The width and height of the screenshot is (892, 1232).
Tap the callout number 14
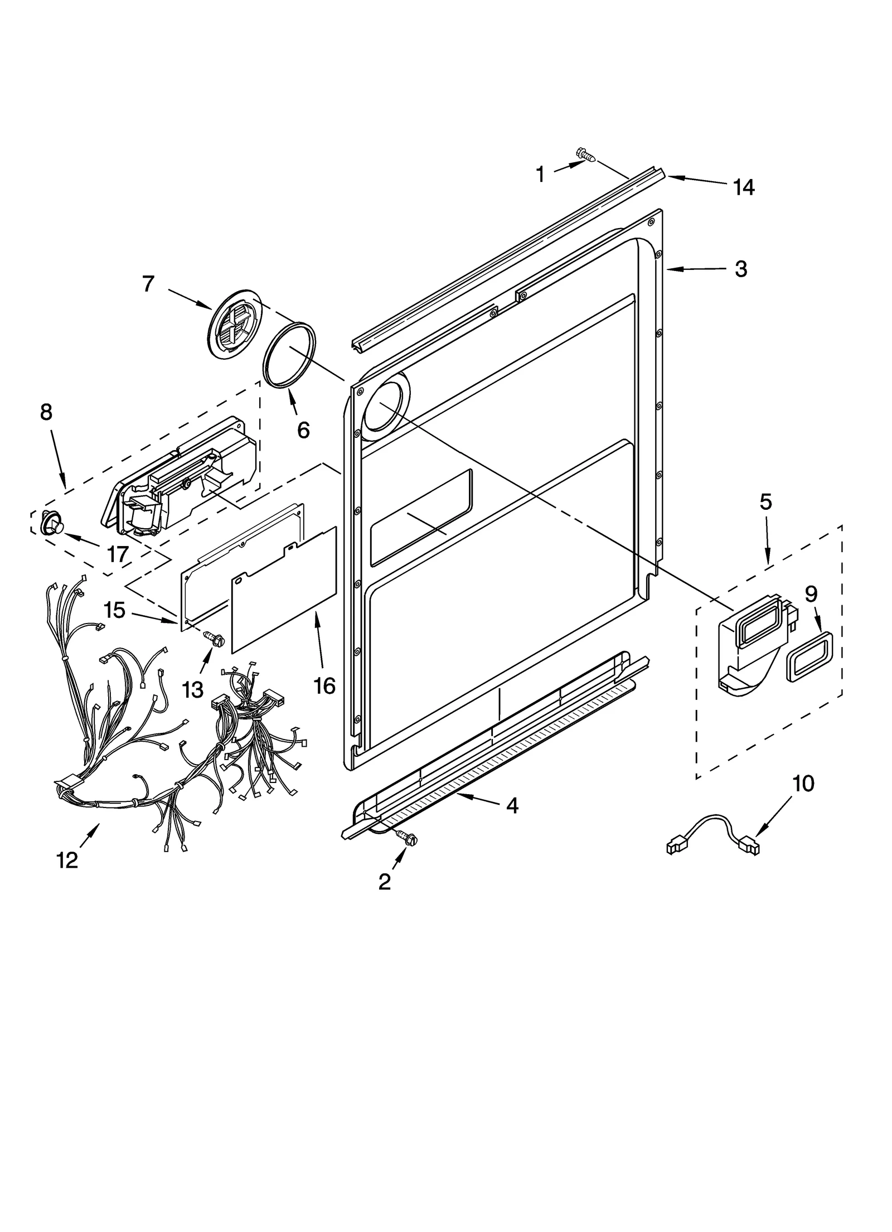point(744,187)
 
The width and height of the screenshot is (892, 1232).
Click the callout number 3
point(740,269)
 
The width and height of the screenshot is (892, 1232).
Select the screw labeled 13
point(214,638)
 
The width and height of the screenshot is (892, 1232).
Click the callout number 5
point(765,502)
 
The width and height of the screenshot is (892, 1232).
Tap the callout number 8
point(46,412)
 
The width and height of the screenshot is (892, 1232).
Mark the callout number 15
point(114,610)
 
